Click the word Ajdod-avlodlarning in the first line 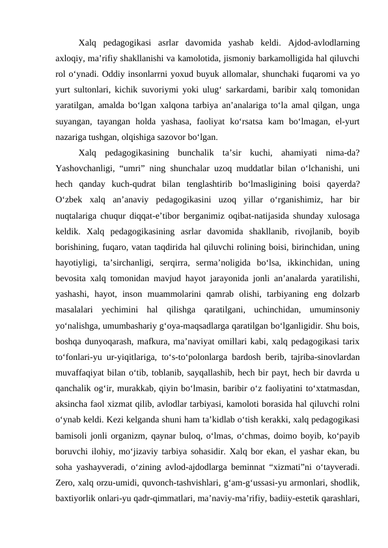click(x=320, y=44)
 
